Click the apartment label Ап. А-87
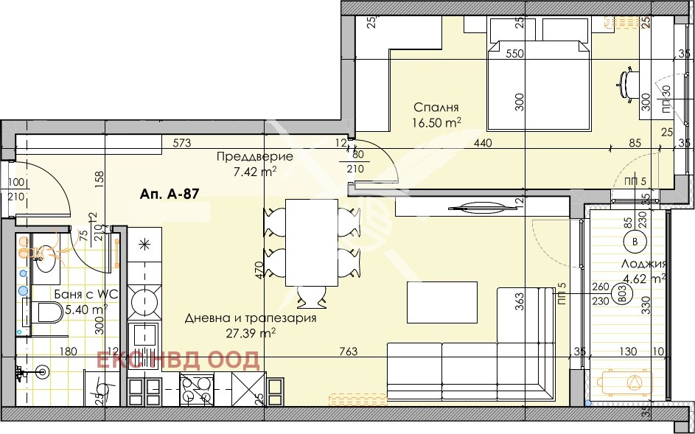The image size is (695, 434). tap(168, 195)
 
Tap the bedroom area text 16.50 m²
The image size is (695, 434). tap(437, 122)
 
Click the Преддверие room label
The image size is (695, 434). tap(244, 156)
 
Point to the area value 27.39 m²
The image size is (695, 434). tap(251, 333)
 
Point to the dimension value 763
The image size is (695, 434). tap(349, 352)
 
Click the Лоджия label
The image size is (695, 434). tap(645, 264)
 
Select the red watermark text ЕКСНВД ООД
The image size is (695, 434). tap(178, 360)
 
